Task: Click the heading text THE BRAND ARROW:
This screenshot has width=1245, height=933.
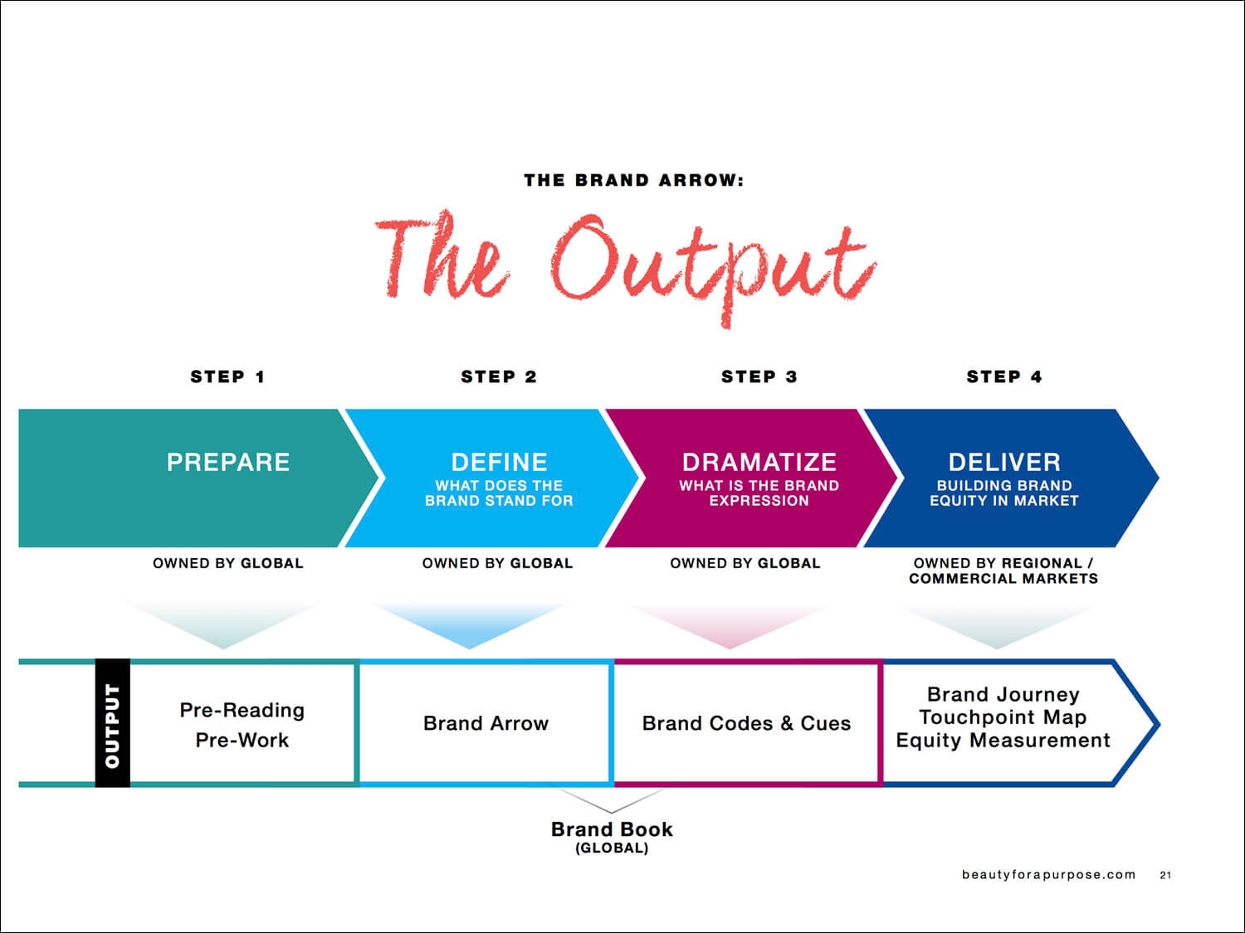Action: click(x=633, y=180)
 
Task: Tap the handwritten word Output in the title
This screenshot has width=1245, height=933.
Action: click(x=714, y=266)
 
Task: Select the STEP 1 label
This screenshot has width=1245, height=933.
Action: click(x=227, y=377)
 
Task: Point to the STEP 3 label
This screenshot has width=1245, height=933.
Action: click(x=759, y=377)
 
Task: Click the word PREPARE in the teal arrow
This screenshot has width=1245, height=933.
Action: click(x=228, y=462)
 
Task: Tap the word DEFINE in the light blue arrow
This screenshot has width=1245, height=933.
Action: click(x=499, y=462)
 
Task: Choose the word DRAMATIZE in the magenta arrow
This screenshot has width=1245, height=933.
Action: click(x=759, y=462)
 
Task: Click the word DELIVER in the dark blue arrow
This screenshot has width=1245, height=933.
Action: click(x=1004, y=462)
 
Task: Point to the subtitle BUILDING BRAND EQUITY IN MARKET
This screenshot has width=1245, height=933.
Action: click(x=1004, y=493)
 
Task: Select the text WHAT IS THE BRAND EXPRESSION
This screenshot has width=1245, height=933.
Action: click(x=759, y=493)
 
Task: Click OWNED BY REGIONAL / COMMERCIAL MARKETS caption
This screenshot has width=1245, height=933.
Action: click(x=1003, y=571)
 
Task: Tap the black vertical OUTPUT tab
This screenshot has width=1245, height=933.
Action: click(x=112, y=723)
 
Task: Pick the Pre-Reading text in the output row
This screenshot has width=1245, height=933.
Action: click(x=242, y=711)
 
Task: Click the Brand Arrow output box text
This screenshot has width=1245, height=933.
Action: click(x=486, y=723)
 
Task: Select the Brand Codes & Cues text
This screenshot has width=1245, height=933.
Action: click(x=746, y=723)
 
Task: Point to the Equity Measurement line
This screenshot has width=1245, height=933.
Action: click(x=1003, y=741)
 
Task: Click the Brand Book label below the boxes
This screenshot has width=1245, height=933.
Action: click(x=612, y=830)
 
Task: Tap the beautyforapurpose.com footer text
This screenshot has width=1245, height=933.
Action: click(x=1049, y=875)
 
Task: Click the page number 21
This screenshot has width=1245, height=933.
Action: click(x=1165, y=875)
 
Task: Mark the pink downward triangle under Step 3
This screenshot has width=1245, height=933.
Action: click(x=730, y=626)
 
